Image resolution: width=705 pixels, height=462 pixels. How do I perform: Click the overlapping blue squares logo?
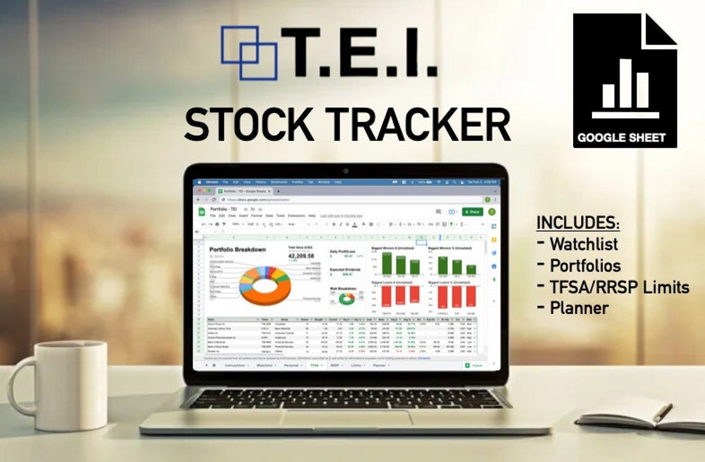click(x=249, y=52)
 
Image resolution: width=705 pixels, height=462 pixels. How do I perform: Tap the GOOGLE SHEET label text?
click(x=621, y=138)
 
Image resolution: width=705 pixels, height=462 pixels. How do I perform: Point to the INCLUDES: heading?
click(x=578, y=223)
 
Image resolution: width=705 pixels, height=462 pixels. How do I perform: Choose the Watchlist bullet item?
click(x=584, y=245)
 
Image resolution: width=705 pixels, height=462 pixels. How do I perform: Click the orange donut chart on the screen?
click(x=264, y=285)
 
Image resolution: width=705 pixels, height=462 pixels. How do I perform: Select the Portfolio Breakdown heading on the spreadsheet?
click(x=238, y=250)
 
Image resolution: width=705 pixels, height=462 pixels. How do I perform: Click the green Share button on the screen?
click(x=473, y=211)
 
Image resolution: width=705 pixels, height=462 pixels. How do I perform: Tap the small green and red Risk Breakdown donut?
click(x=346, y=299)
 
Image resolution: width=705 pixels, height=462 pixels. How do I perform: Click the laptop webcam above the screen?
click(x=345, y=171)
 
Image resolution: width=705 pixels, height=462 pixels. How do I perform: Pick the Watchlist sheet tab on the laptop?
click(x=264, y=366)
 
